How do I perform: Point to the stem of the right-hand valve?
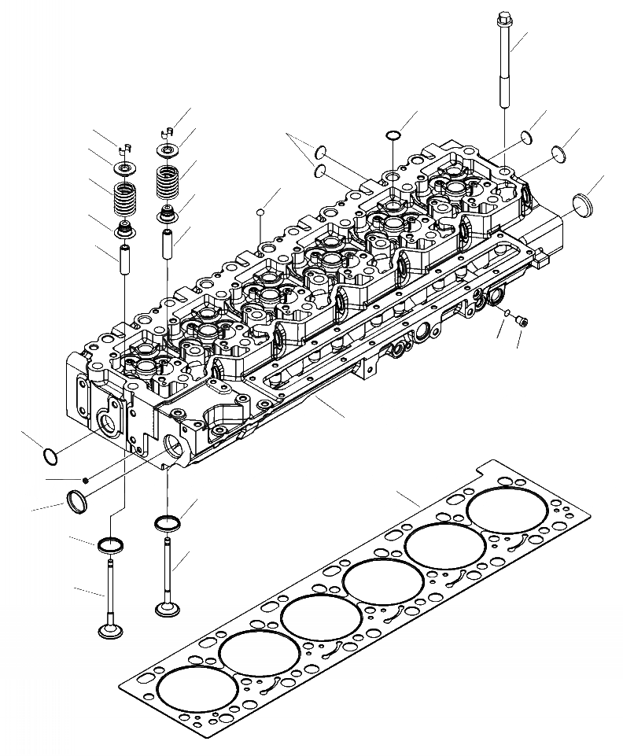pyautogui.click(x=168, y=566)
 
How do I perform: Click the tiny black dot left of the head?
pyautogui.click(x=87, y=479)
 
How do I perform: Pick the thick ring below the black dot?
pyautogui.click(x=76, y=500)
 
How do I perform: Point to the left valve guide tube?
pyautogui.click(x=124, y=260)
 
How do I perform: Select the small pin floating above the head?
pyautogui.click(x=260, y=211)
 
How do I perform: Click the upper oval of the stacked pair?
pyautogui.click(x=321, y=151)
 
